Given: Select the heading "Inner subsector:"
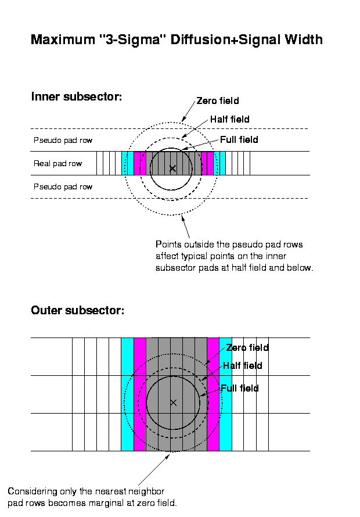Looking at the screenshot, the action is [x=77, y=96].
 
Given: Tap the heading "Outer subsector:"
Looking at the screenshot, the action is [x=77, y=310].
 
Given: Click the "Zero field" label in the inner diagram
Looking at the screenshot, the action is [x=218, y=100].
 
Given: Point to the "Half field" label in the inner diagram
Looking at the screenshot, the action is [x=230, y=119].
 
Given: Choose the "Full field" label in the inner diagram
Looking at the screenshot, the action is [x=239, y=139].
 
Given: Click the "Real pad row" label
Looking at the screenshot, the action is [x=57, y=164].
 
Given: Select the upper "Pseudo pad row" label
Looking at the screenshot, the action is [x=63, y=141].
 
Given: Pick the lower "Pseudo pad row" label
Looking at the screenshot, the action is [x=63, y=187].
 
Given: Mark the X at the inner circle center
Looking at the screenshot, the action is [x=172, y=168].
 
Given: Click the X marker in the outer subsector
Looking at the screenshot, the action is [x=174, y=403].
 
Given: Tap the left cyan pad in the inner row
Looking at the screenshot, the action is [x=128, y=163].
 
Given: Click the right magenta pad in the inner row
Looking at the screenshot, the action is [x=207, y=163].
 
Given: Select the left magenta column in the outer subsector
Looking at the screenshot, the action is [x=140, y=394].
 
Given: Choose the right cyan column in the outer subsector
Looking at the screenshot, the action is [x=225, y=394].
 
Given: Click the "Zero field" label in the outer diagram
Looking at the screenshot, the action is [x=247, y=347].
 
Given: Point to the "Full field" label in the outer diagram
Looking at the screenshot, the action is [x=239, y=388].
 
